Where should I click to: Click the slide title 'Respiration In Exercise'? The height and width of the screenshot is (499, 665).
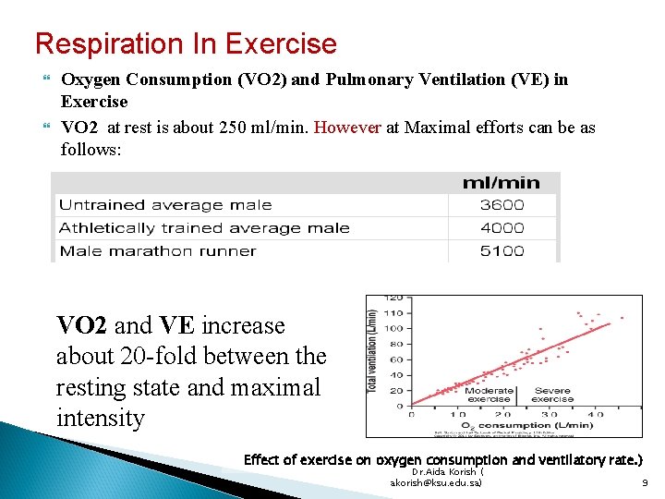[186, 43]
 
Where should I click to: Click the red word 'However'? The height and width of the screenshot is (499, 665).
[347, 128]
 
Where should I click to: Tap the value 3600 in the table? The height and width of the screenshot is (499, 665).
[502, 205]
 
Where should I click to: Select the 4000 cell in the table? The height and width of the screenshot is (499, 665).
[502, 228]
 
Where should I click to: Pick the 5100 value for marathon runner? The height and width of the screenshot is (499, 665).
[502, 250]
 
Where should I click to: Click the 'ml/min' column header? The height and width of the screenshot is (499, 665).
[502, 181]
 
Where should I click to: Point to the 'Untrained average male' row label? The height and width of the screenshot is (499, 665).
[165, 205]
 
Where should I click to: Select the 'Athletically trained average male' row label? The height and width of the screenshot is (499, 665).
[204, 228]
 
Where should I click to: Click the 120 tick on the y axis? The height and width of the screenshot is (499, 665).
[394, 298]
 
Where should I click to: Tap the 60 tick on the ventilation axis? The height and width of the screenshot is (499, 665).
[396, 359]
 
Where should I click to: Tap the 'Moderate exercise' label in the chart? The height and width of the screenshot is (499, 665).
[489, 396]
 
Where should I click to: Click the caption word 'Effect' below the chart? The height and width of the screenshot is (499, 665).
[263, 459]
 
